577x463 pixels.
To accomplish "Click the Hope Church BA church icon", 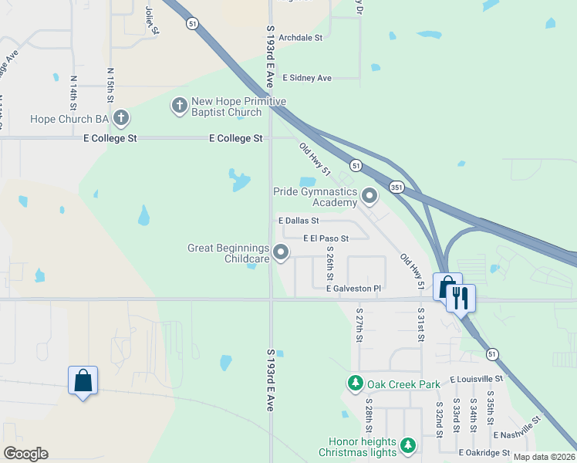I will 120,119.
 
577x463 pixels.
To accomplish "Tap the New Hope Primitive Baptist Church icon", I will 179,104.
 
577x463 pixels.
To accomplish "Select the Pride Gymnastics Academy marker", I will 369,197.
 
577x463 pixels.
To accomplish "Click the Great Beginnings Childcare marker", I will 282,252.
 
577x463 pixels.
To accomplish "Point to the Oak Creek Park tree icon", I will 355,383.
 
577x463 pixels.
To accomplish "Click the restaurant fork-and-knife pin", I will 461,296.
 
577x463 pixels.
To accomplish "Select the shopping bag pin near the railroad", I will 83,380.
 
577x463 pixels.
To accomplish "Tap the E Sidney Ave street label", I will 307,78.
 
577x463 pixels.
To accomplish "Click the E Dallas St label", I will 299,221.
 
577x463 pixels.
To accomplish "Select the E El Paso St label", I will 326,238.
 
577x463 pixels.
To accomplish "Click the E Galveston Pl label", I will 353,289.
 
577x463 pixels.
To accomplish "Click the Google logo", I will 25,454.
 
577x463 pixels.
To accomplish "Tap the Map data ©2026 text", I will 543,457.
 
